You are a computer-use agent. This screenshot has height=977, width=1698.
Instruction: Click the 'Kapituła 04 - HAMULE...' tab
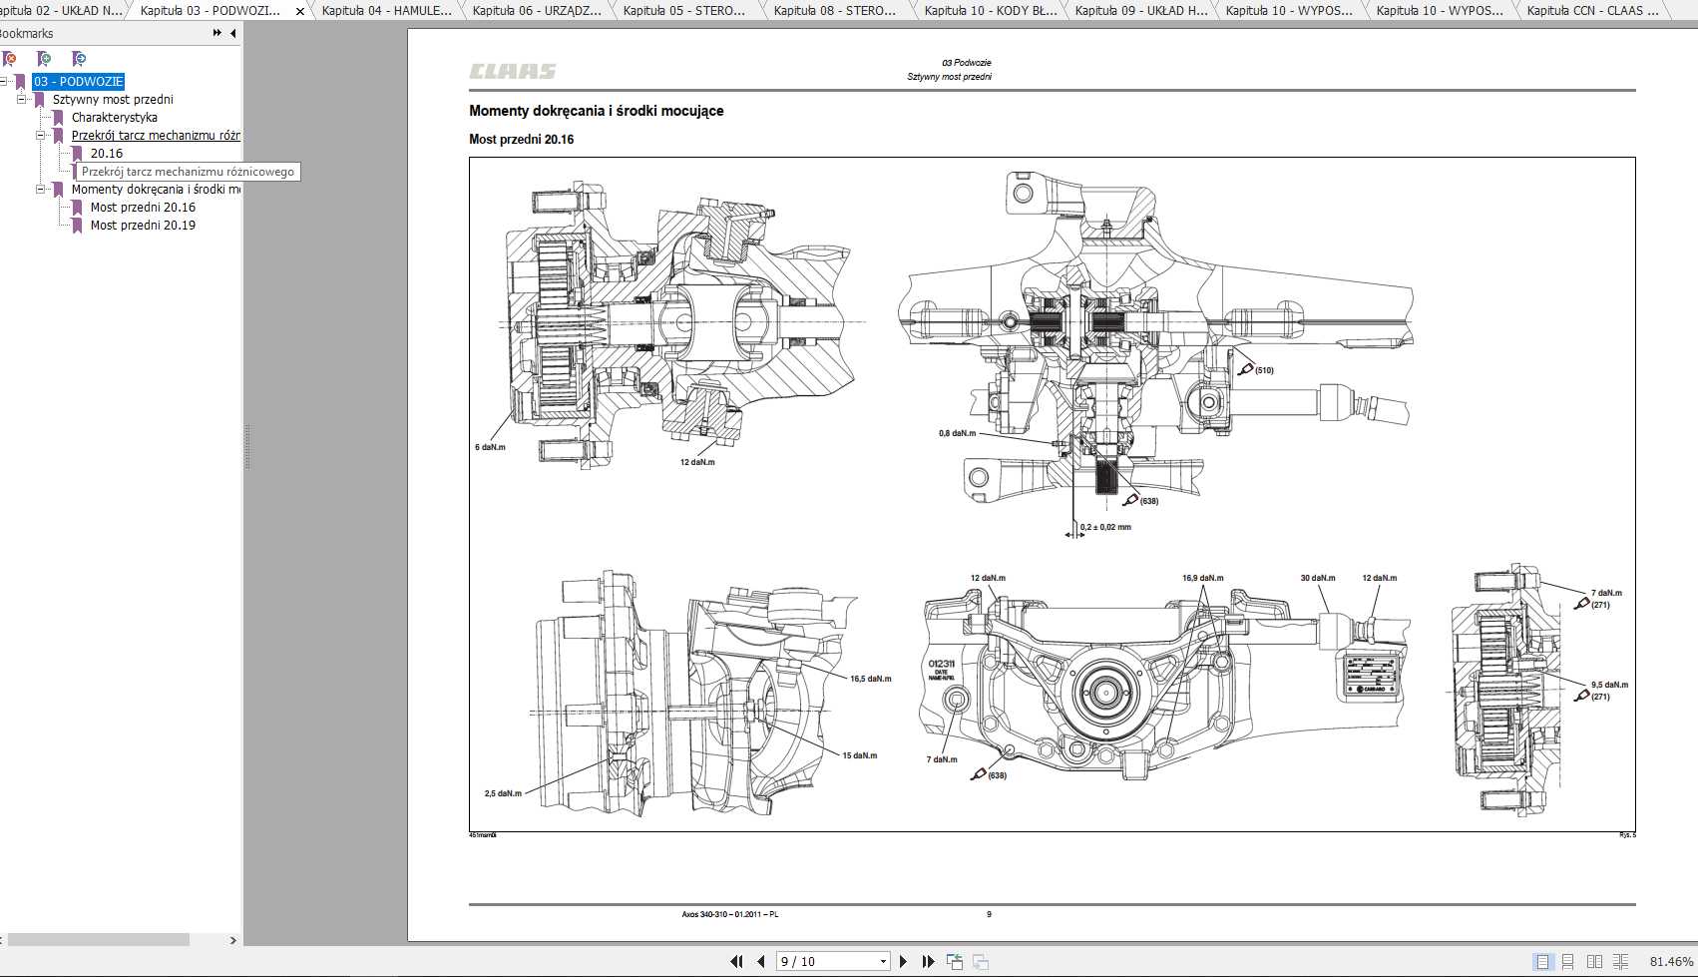pyautogui.click(x=386, y=11)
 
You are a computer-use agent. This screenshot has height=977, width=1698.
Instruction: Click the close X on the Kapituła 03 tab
pyautogui.click(x=300, y=12)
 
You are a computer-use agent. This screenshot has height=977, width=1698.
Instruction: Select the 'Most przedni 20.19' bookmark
pyautogui.click(x=143, y=226)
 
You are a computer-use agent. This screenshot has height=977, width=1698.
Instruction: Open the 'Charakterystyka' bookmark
pyautogui.click(x=114, y=118)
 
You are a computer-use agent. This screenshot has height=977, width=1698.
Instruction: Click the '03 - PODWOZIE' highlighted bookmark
pyautogui.click(x=79, y=82)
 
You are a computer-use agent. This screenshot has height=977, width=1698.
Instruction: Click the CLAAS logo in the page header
pyautogui.click(x=513, y=72)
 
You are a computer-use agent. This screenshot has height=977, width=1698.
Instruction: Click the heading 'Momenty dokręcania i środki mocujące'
pyautogui.click(x=597, y=111)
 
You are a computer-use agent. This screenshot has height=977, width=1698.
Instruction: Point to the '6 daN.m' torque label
pyautogui.click(x=490, y=447)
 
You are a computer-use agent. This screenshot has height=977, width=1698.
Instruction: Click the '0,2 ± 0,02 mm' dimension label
pyautogui.click(x=1105, y=527)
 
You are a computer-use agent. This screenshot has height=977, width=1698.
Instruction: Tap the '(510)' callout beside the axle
pyautogui.click(x=1264, y=370)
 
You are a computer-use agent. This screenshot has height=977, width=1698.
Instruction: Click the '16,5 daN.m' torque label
pyautogui.click(x=870, y=679)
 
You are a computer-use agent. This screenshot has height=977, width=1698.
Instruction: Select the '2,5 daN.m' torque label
pyautogui.click(x=503, y=793)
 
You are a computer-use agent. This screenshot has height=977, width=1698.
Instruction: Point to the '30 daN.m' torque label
pyautogui.click(x=1317, y=578)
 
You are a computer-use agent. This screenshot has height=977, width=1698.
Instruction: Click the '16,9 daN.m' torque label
pyautogui.click(x=1202, y=578)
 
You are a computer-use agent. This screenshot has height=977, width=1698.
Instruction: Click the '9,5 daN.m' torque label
pyautogui.click(x=1609, y=685)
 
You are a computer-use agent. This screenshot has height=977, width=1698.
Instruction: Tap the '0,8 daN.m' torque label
pyautogui.click(x=957, y=433)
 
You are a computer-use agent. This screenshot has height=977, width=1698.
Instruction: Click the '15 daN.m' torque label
pyautogui.click(x=859, y=755)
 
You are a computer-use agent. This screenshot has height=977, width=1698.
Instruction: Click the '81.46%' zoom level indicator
pyautogui.click(x=1671, y=961)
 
